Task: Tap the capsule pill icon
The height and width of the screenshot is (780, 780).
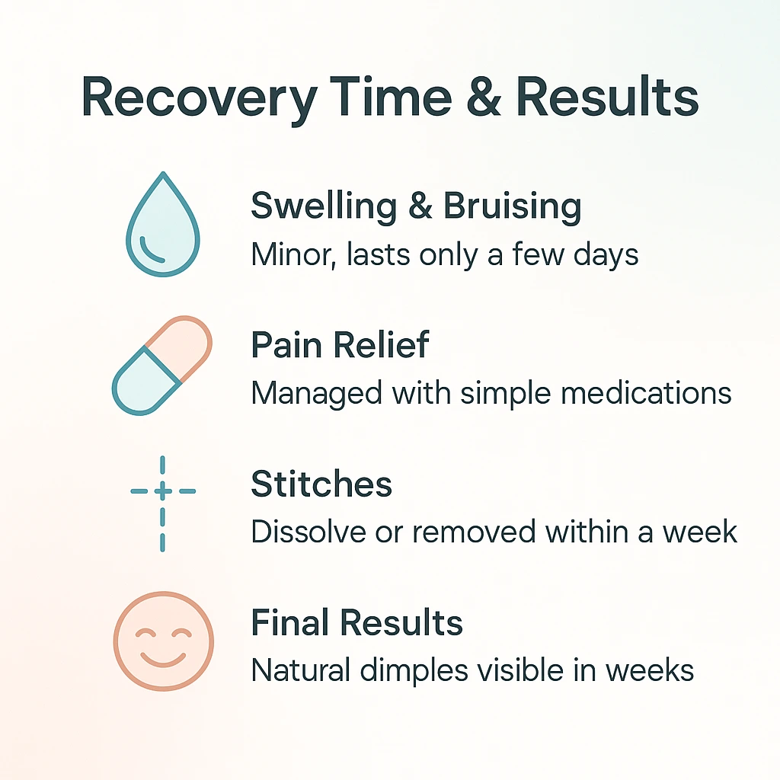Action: pos(162,365)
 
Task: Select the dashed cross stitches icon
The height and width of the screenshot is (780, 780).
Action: pos(163,503)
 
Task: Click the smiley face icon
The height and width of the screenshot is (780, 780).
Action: pos(164,641)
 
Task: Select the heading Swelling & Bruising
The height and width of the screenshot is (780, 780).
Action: pos(416,206)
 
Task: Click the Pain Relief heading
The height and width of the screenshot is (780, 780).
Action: pos(340,344)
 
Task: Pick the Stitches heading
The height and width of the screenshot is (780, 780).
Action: pos(321,484)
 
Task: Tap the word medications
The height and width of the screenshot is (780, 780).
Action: pos(646,393)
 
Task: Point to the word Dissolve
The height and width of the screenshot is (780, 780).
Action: pos(308,531)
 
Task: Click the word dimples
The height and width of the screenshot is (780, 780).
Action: pos(414,670)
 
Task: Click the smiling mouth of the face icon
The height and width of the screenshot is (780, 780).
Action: pos(163,660)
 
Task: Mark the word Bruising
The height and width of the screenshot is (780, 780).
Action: pos(512,206)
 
